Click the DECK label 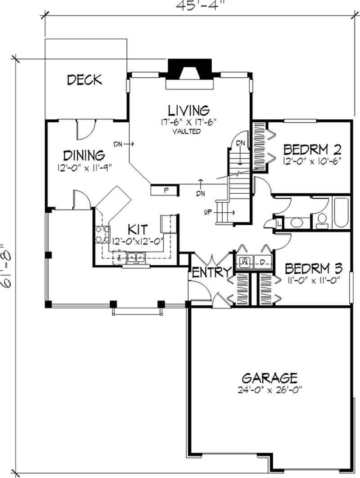[84, 80]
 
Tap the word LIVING [189, 110]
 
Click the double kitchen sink [135, 258]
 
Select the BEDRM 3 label [314, 268]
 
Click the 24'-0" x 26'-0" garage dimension [269, 388]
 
